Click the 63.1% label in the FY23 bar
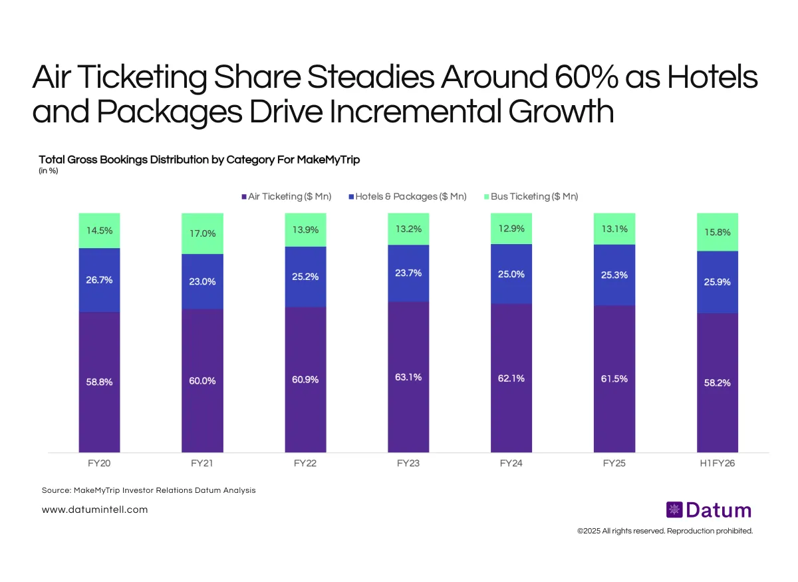[x=408, y=377]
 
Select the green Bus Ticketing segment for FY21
[x=202, y=233]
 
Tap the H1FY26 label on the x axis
[x=717, y=464]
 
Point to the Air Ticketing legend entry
[x=286, y=196]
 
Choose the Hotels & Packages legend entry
[x=406, y=196]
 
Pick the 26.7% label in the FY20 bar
[x=99, y=280]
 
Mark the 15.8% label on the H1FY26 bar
[x=718, y=232]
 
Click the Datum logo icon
[x=674, y=510]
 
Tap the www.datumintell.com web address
[x=94, y=509]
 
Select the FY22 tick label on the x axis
[x=305, y=464]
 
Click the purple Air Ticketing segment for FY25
[x=614, y=379]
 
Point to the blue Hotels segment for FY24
[x=511, y=274]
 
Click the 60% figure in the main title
[x=588, y=78]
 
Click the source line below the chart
[x=148, y=490]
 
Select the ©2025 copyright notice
[x=664, y=531]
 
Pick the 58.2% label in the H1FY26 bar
[x=718, y=383]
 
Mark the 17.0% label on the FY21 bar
[x=202, y=233]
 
